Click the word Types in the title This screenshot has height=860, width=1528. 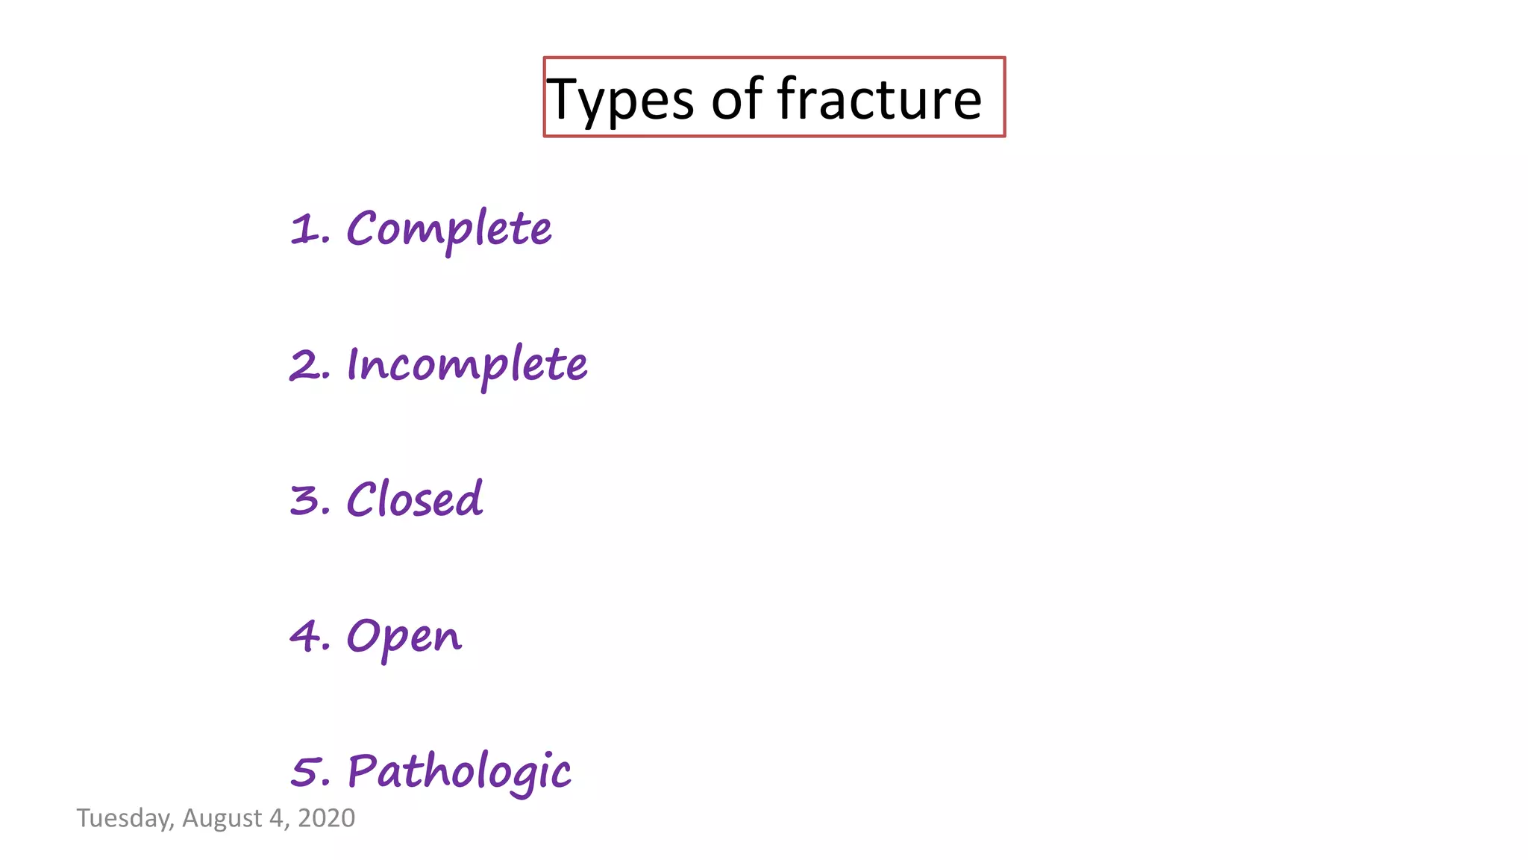621,100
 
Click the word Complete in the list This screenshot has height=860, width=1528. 449,228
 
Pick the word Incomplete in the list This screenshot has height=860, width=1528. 467,365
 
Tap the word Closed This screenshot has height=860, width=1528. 415,499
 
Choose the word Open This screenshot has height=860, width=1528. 404,637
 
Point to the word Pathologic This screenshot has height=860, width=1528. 460,771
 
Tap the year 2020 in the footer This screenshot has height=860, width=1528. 326,818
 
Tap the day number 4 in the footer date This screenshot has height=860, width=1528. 277,818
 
